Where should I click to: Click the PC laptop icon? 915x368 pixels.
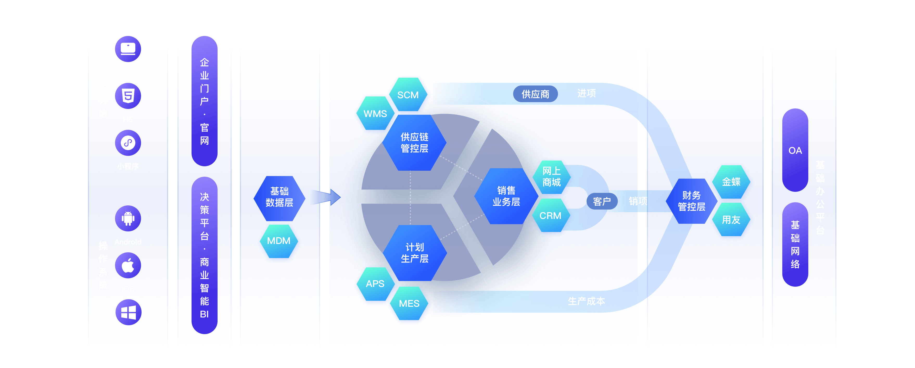128,49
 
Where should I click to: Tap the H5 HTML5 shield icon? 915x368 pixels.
128,96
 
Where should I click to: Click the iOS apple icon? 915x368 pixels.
128,265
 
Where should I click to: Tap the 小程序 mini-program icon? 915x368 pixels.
128,143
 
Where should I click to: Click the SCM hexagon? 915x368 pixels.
408,95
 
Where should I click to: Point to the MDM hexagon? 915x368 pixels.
279,241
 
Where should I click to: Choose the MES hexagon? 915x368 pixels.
409,303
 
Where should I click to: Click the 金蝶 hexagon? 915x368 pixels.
731,182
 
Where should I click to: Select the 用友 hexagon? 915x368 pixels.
731,220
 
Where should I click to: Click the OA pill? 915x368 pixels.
795,150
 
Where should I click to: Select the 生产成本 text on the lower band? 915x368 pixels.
586,301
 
